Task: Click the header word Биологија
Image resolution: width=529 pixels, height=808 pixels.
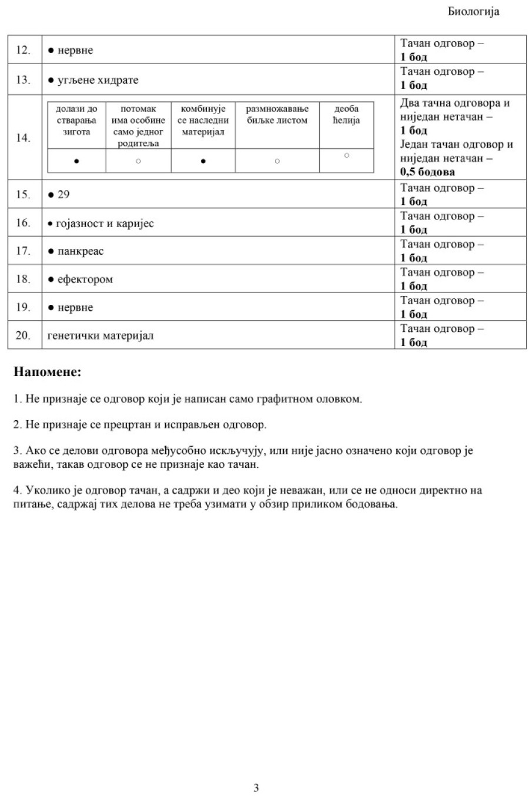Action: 473,12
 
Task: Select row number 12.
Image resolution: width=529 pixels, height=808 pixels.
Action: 23,50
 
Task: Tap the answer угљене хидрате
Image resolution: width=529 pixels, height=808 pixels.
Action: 98,80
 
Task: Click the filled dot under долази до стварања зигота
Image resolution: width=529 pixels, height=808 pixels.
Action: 77,161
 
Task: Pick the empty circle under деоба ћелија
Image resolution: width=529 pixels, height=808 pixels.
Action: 346,155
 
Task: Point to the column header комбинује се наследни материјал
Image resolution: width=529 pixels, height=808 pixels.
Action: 203,120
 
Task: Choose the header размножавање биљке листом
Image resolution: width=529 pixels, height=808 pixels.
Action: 277,114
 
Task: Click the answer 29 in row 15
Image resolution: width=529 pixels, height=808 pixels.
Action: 63,194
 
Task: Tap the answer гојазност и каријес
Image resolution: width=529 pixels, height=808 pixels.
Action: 105,223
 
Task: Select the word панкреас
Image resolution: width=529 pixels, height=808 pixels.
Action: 81,251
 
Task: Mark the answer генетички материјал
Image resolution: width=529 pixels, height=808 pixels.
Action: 101,335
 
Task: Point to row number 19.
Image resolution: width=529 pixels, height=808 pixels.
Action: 23,307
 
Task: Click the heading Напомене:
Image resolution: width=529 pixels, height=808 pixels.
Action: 47,372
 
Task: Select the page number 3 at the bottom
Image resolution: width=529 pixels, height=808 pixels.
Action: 256,787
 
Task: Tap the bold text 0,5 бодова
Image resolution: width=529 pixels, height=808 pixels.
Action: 427,172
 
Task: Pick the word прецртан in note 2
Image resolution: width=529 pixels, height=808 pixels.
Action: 131,424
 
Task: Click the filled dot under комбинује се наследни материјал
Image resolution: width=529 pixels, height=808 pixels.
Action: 203,161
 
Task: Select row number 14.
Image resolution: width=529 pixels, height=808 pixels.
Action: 23,138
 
